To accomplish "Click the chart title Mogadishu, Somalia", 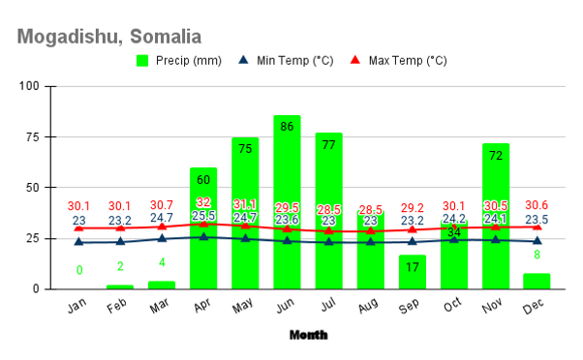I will pos(108,38).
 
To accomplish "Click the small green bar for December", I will pos(537,281).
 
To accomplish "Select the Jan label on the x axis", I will pos(77,307).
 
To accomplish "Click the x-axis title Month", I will pos(308,335).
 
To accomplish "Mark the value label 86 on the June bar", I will pos(287,126).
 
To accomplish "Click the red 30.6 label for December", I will pos(537,205).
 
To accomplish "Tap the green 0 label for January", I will pos(79,270).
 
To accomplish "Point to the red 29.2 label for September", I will pos(412,208).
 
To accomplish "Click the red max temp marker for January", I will pos(79,227).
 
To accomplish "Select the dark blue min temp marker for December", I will pos(537,241).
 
